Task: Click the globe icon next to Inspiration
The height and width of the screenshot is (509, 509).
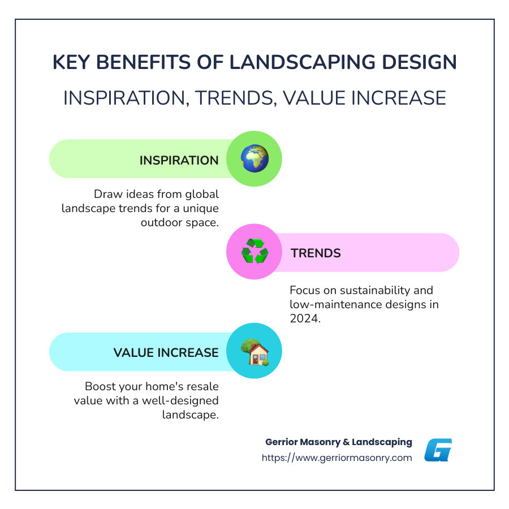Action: click(254, 159)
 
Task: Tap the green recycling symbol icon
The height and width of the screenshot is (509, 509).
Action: click(254, 252)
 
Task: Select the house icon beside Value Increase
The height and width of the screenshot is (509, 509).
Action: click(254, 352)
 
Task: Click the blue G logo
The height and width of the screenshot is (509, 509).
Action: click(438, 450)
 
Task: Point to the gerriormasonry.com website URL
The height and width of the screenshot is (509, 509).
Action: click(337, 458)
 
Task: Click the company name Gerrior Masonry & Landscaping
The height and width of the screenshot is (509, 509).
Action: click(338, 442)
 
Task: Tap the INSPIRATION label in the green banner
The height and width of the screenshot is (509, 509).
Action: click(179, 160)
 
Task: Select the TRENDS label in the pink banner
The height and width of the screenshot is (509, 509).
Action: click(316, 253)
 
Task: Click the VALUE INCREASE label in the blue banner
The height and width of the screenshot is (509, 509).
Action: click(166, 352)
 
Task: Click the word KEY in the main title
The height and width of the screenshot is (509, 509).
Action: click(71, 62)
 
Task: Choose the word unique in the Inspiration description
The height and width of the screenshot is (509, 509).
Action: click(200, 208)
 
